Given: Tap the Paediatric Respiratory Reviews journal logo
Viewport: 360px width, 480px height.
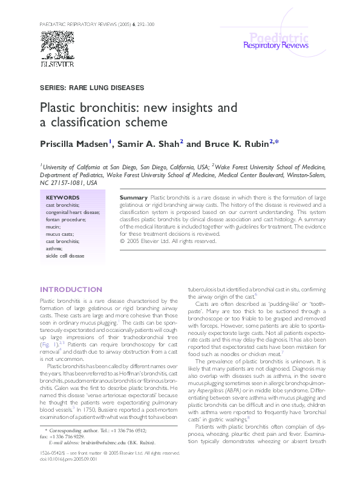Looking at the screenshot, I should [x=275, y=41].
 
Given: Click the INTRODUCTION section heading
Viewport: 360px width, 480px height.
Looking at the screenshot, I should [x=67, y=289].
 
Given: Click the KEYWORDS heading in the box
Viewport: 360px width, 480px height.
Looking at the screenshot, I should [x=62, y=198].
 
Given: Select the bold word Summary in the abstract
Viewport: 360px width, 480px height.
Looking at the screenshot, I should [x=133, y=198].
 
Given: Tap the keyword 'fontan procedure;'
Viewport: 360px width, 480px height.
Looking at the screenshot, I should [x=67, y=219].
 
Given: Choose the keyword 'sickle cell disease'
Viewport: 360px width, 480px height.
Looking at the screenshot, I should [x=65, y=256].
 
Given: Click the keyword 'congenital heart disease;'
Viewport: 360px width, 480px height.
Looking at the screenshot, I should [x=73, y=212].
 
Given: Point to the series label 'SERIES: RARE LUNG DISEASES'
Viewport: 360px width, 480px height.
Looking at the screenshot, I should [x=91, y=88].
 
